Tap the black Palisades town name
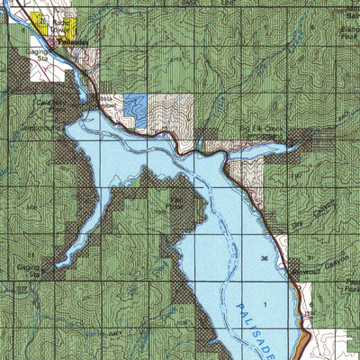76,42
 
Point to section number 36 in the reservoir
264,258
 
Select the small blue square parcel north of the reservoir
134,109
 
